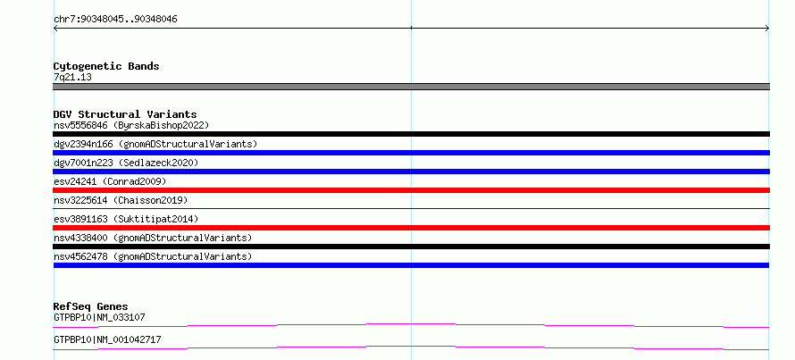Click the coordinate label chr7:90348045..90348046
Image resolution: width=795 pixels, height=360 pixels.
[115, 20]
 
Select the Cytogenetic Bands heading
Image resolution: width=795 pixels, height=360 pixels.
[106, 66]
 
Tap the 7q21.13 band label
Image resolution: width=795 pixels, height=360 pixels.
[72, 77]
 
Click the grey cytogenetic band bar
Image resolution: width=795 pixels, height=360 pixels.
[411, 87]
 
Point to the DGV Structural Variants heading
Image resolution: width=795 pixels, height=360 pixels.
[125, 114]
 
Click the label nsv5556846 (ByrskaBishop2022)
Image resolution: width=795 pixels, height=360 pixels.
[131, 125]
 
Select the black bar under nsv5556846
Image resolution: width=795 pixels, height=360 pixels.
[411, 134]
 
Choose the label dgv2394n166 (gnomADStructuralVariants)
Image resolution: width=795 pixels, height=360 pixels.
[155, 144]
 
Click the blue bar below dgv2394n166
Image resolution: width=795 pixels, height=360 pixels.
[411, 153]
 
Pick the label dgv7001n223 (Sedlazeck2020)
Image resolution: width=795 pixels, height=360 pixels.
[126, 163]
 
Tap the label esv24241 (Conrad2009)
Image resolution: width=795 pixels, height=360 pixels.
[110, 181]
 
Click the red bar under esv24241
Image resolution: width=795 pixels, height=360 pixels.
[411, 190]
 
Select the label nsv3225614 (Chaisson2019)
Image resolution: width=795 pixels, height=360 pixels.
[121, 200]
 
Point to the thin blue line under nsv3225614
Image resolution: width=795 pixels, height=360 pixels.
[411, 208]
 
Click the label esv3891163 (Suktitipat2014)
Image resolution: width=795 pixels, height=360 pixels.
[126, 219]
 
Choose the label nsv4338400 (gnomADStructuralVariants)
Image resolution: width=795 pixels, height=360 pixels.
[153, 238]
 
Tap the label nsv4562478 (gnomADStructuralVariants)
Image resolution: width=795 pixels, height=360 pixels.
[153, 256]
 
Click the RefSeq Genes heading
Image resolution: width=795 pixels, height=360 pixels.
[91, 306]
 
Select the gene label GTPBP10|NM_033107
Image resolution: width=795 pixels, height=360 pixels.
[99, 317]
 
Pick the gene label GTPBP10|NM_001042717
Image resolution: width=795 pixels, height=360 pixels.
[107, 339]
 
